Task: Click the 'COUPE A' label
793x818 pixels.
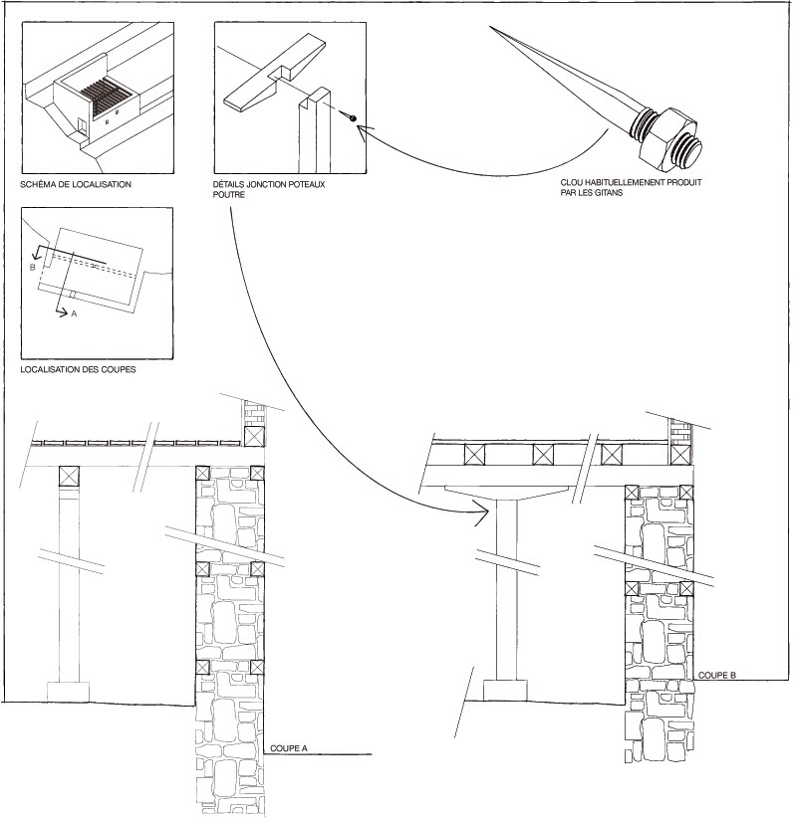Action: (288, 748)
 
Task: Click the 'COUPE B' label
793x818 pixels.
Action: (716, 675)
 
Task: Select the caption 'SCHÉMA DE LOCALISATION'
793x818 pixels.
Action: (76, 184)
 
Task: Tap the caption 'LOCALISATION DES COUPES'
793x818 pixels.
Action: (78, 369)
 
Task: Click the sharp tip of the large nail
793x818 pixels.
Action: (491, 27)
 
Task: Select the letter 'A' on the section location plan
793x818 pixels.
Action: (74, 313)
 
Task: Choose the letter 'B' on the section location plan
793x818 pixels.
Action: (33, 267)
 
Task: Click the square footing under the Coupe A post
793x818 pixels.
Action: (69, 692)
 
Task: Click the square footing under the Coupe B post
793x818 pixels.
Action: (505, 691)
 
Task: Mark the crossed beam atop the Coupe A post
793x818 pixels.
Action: (69, 476)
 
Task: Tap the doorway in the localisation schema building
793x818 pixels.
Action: (82, 125)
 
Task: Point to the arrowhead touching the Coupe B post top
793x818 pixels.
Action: (481, 512)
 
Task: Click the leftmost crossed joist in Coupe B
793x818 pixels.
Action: (474, 455)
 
